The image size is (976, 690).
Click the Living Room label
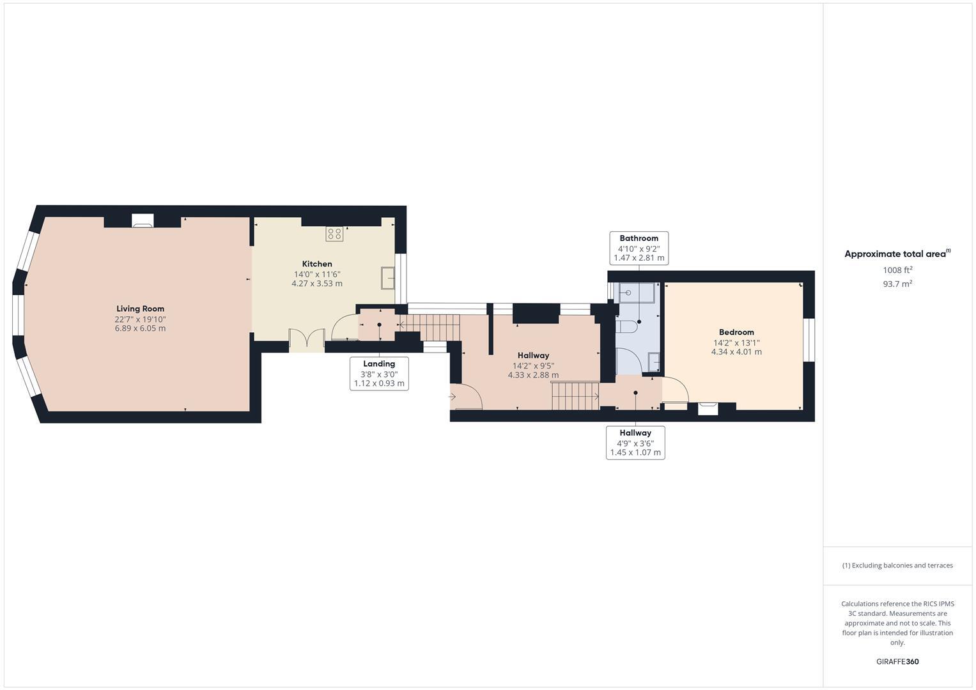pos(140,309)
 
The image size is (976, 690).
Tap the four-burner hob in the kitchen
pos(334,234)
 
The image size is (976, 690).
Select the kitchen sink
pos(387,278)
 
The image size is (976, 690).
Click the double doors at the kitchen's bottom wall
pos(306,340)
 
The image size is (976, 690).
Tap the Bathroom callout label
pos(639,248)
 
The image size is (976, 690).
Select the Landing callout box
pos(379,374)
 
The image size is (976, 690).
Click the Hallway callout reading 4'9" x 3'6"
pos(635,443)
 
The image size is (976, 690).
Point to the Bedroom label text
pos(736,332)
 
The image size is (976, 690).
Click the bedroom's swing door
pos(675,391)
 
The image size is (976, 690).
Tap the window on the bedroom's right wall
pos(809,339)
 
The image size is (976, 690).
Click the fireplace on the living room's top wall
pos(143,220)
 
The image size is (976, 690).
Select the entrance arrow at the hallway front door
pos(453,397)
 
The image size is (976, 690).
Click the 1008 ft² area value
pos(897,270)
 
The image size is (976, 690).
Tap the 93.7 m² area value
pos(897,284)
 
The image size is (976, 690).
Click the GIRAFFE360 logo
pos(897,662)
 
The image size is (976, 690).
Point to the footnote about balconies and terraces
pos(897,565)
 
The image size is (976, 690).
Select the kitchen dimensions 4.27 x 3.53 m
pos(317,284)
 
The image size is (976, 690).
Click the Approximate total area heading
pos(896,254)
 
